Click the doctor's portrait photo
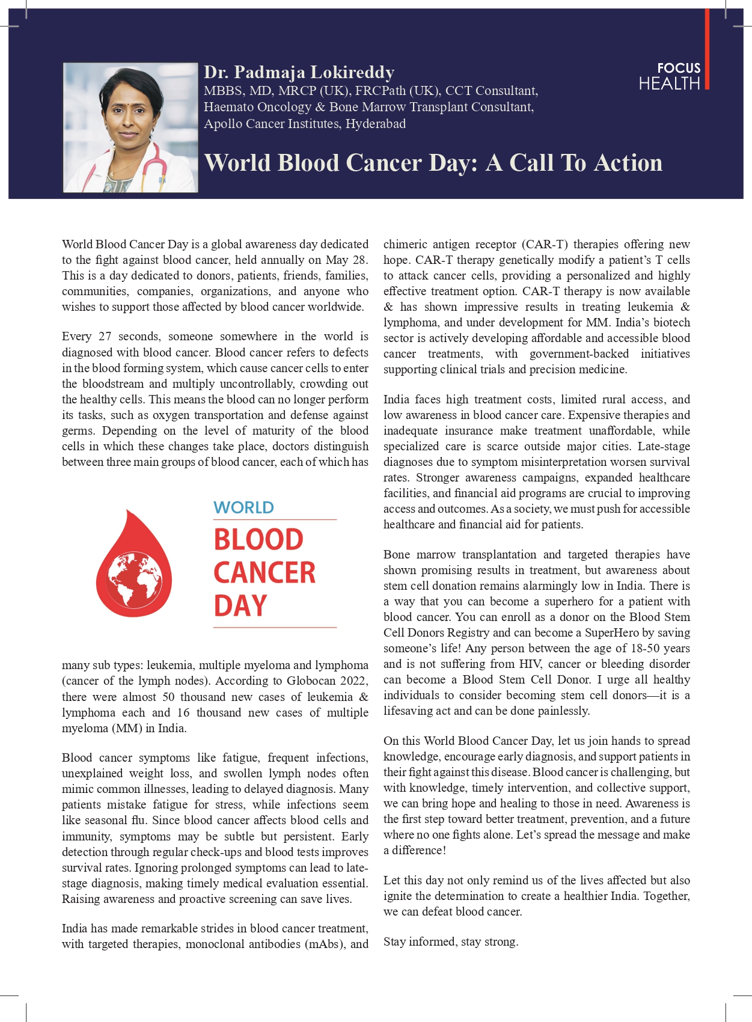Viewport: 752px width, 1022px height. [130, 127]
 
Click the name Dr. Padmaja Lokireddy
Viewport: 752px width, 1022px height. [299, 72]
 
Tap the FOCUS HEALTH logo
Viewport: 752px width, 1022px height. [670, 76]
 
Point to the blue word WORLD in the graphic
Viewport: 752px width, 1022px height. [243, 507]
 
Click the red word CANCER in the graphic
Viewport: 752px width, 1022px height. [264, 572]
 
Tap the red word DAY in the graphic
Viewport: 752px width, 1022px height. [240, 605]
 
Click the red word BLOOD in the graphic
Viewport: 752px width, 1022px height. [258, 539]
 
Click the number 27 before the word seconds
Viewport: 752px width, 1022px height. [105, 336]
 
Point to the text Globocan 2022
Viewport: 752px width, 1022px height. [326, 681]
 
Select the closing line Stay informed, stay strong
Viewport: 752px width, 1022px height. [451, 941]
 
